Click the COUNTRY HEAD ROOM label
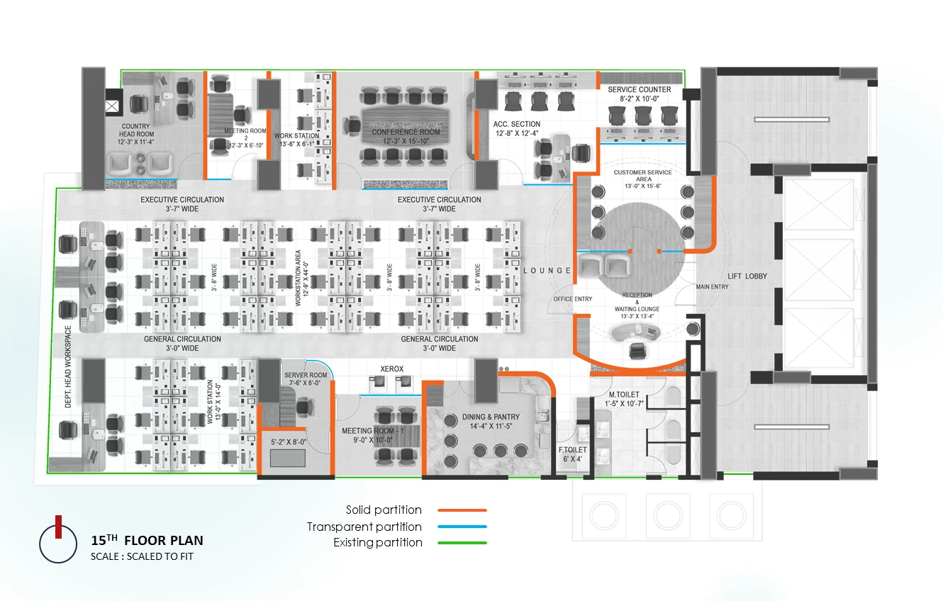(x=136, y=130)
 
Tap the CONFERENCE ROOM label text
(x=406, y=132)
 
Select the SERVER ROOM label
(x=306, y=375)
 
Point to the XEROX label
(x=392, y=369)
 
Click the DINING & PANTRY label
(x=491, y=417)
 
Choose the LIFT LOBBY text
(x=747, y=276)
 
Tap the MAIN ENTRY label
(x=713, y=286)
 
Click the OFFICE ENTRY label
(x=573, y=299)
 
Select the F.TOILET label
(x=573, y=449)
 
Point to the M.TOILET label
(x=624, y=394)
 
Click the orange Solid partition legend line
(x=462, y=510)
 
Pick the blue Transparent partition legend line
(x=462, y=527)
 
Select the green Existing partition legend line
(x=462, y=543)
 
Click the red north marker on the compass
(x=59, y=527)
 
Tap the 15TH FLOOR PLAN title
(x=147, y=540)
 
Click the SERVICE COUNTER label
(x=639, y=89)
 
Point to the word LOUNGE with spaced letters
(x=547, y=271)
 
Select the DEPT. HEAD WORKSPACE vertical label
(x=68, y=366)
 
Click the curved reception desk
(x=635, y=332)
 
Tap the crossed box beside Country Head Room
(x=112, y=106)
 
